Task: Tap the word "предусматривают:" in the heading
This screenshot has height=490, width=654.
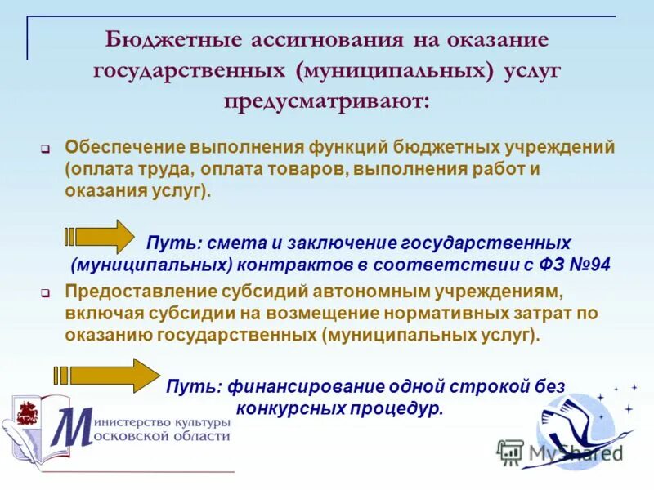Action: [326, 102]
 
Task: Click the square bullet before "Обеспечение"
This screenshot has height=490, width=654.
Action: [47, 150]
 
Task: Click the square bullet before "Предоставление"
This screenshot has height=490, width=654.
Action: [47, 292]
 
